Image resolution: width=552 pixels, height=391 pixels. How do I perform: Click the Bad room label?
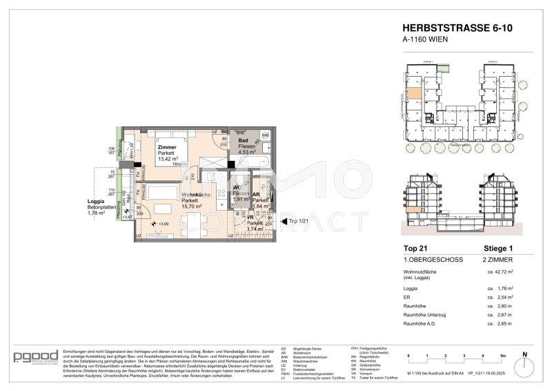click(x=243, y=141)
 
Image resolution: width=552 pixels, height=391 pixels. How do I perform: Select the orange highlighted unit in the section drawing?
click(x=412, y=210)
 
